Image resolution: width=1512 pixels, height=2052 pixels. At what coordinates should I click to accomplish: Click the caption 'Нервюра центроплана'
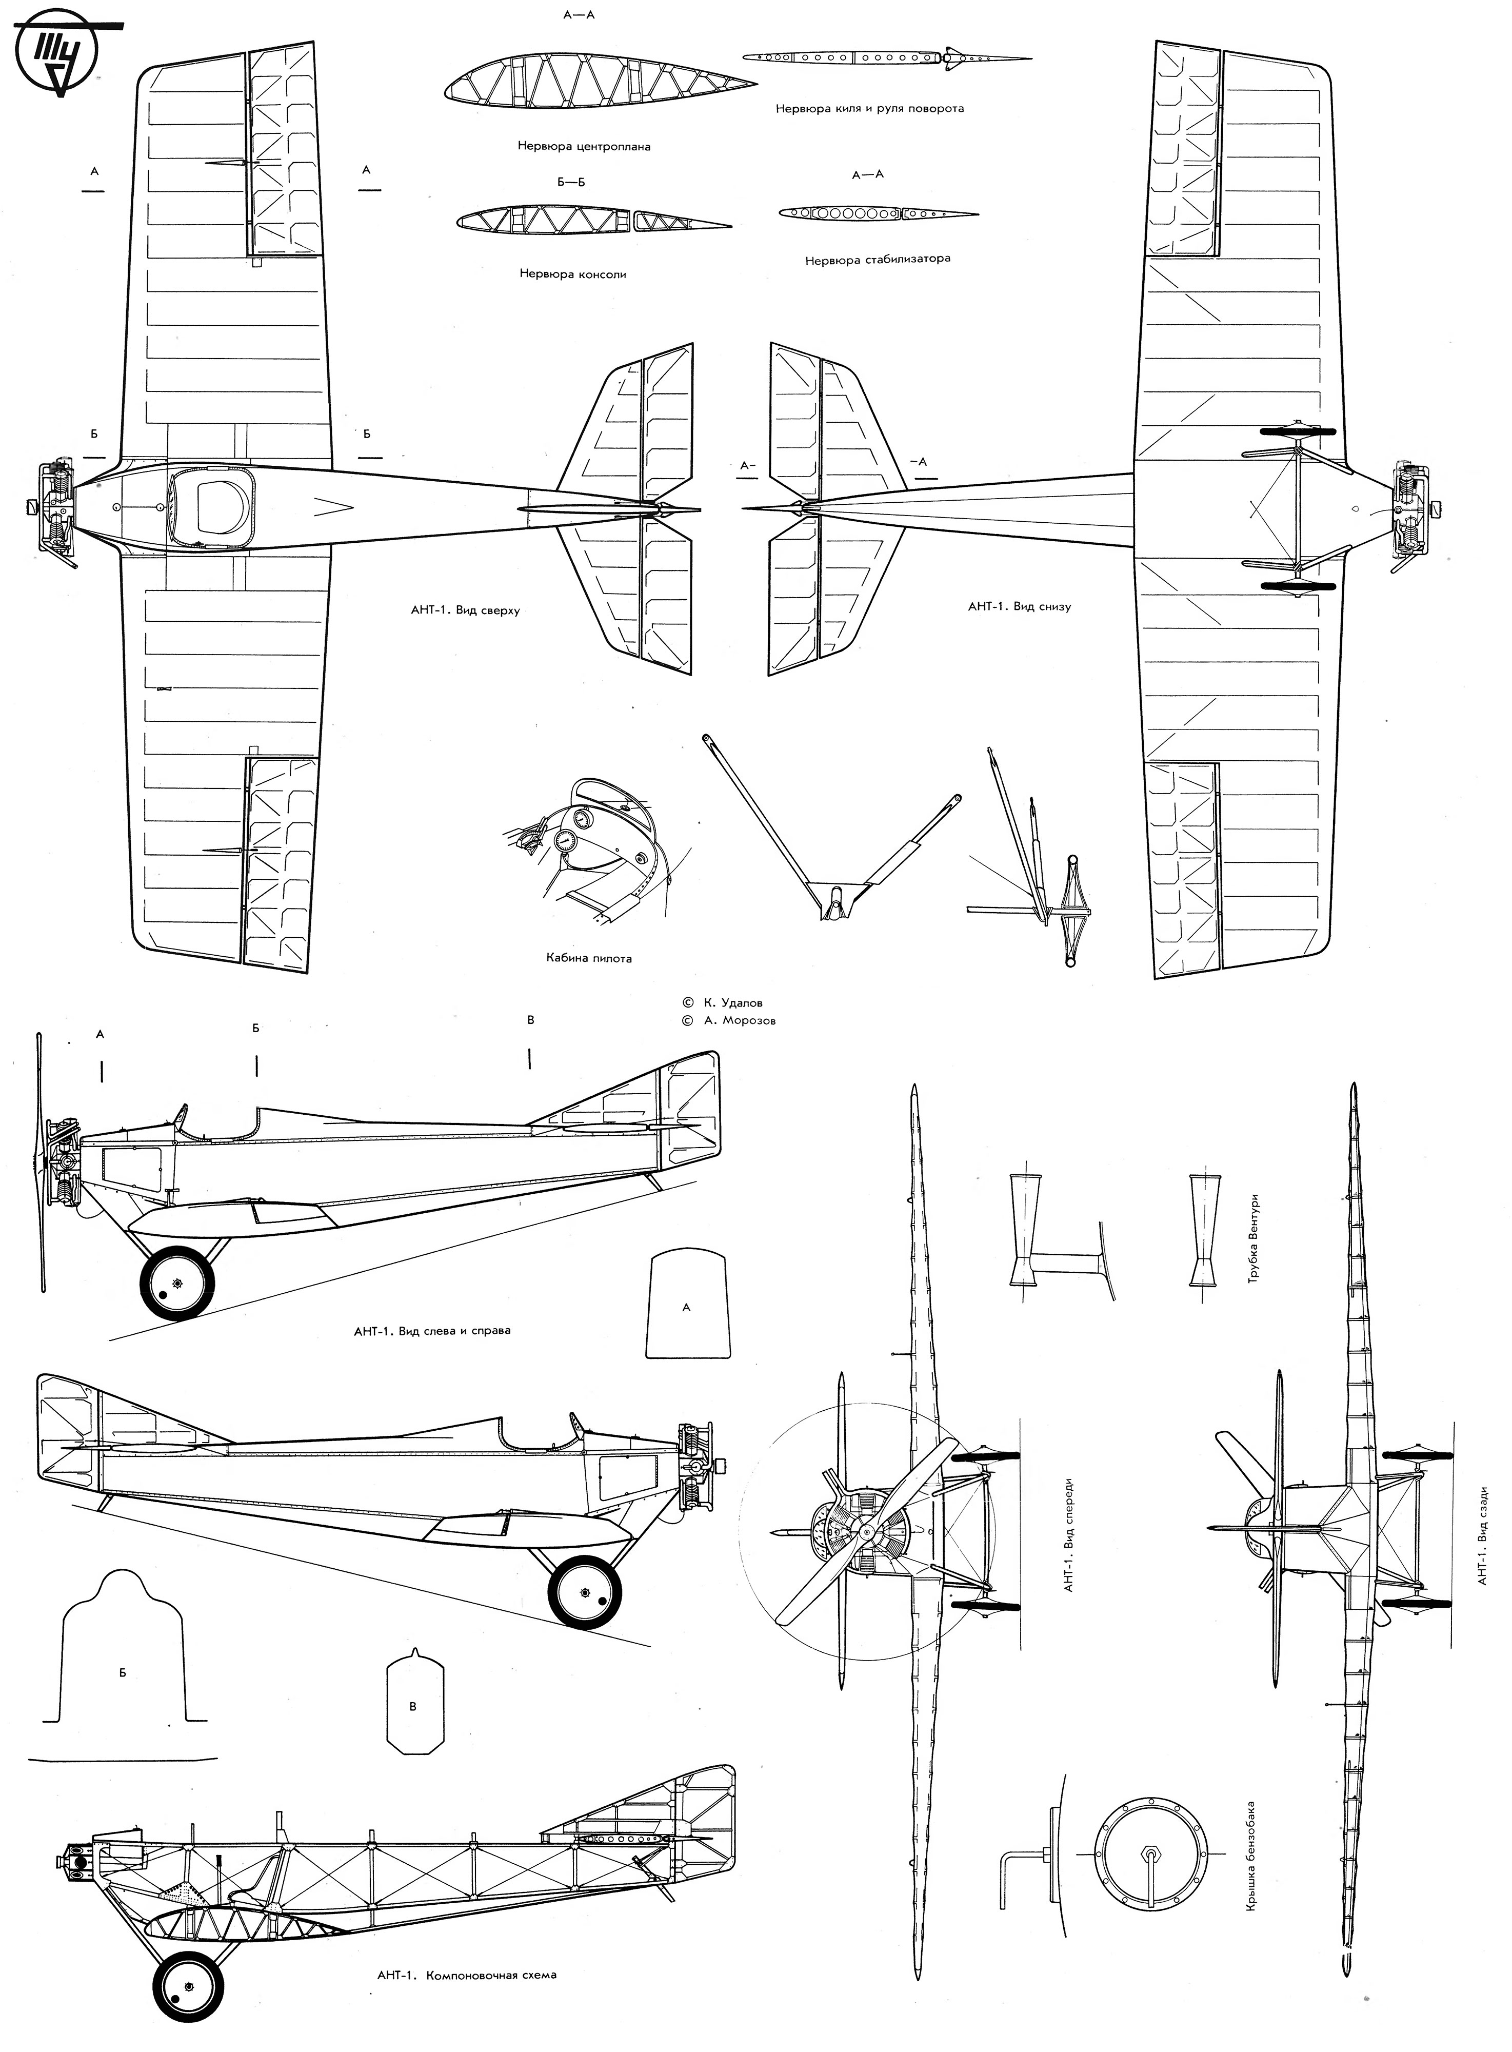pyautogui.click(x=584, y=146)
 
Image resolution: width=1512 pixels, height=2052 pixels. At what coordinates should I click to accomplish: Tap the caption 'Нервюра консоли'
pyautogui.click(x=573, y=273)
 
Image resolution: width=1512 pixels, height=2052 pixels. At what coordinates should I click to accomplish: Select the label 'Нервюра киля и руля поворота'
pyautogui.click(x=869, y=108)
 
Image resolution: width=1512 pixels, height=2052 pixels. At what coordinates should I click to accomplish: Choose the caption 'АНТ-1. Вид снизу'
pyautogui.click(x=1019, y=606)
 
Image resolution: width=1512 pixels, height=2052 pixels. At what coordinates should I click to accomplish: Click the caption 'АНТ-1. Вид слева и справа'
pyautogui.click(x=432, y=1330)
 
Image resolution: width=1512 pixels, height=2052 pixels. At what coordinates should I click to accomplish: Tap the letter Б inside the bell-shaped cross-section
pyautogui.click(x=123, y=1672)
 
